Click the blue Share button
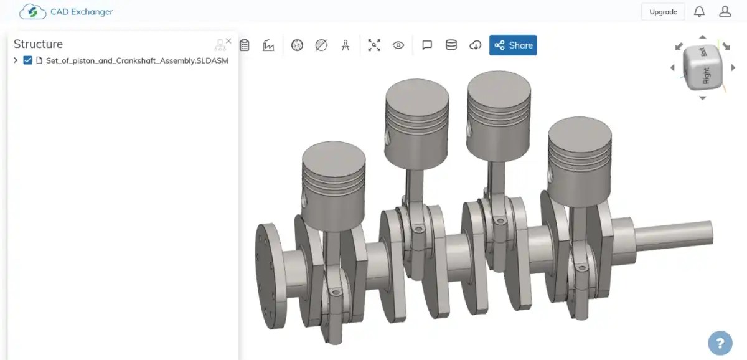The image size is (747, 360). (x=513, y=45)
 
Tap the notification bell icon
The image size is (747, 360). (x=699, y=12)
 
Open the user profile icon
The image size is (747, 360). (x=725, y=12)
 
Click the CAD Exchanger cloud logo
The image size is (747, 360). (x=32, y=12)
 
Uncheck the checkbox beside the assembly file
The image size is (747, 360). (x=27, y=60)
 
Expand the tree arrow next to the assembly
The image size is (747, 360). (x=16, y=60)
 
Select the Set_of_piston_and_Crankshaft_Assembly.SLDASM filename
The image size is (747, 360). (x=137, y=60)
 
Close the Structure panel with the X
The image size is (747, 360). (x=228, y=41)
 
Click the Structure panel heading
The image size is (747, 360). (x=38, y=44)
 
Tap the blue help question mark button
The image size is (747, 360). (x=720, y=343)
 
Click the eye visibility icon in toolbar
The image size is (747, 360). (x=398, y=45)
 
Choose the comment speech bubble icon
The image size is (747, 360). (x=427, y=45)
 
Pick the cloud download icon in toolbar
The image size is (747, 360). (x=476, y=45)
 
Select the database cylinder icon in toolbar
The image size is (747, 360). (x=451, y=45)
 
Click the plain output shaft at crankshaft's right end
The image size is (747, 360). (x=675, y=235)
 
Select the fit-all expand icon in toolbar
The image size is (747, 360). (x=374, y=45)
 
